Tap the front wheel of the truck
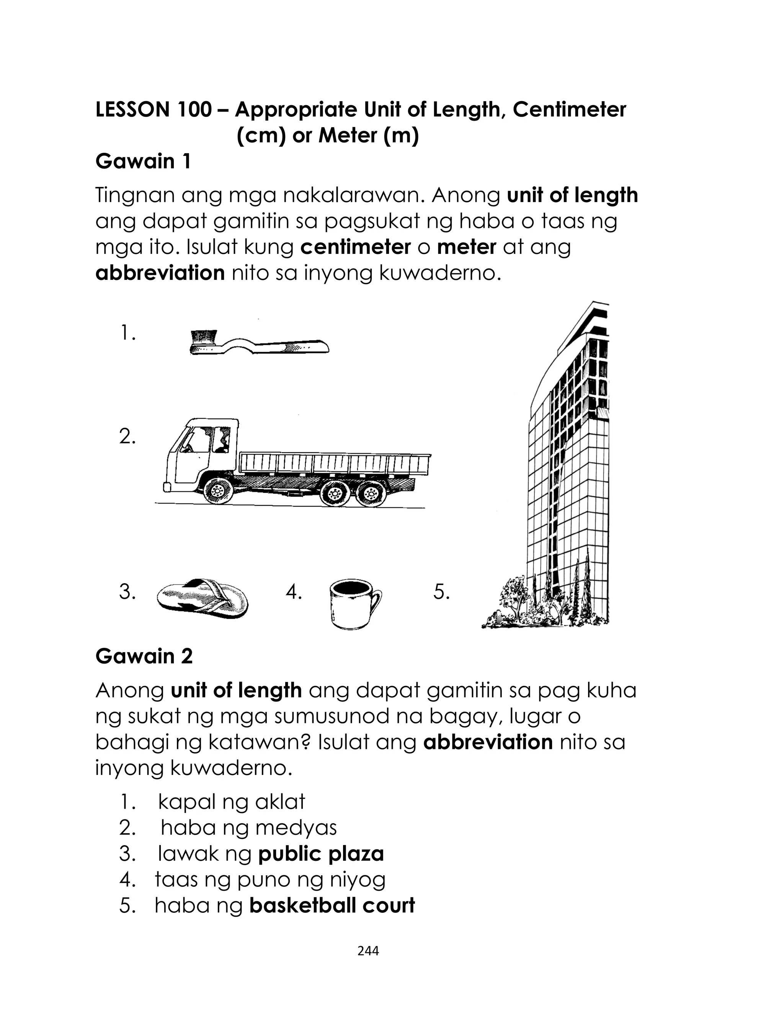click(x=217, y=491)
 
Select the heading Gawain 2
click(x=144, y=656)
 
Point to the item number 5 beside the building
click(x=441, y=592)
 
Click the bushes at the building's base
click(x=513, y=604)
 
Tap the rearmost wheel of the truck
click(x=371, y=493)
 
